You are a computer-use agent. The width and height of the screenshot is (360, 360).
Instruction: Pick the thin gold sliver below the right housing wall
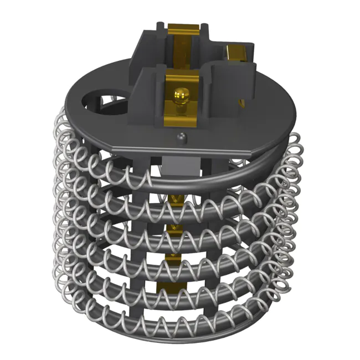pos(241,104)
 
